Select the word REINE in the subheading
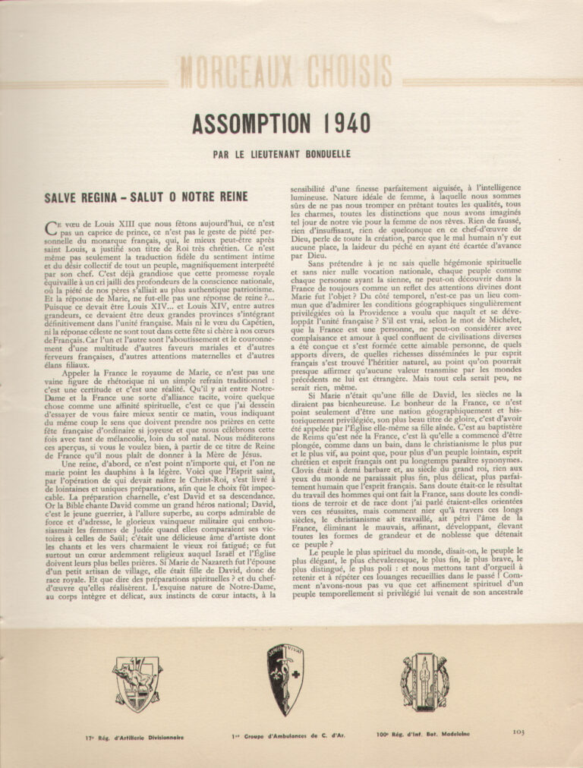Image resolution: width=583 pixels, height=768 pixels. click(x=227, y=197)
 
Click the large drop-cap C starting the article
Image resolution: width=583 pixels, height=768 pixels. click(x=51, y=225)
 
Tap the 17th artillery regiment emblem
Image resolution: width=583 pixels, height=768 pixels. click(x=137, y=683)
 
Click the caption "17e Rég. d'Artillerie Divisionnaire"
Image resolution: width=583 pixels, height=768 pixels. click(x=134, y=737)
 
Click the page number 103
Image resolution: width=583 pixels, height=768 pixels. click(x=519, y=732)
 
